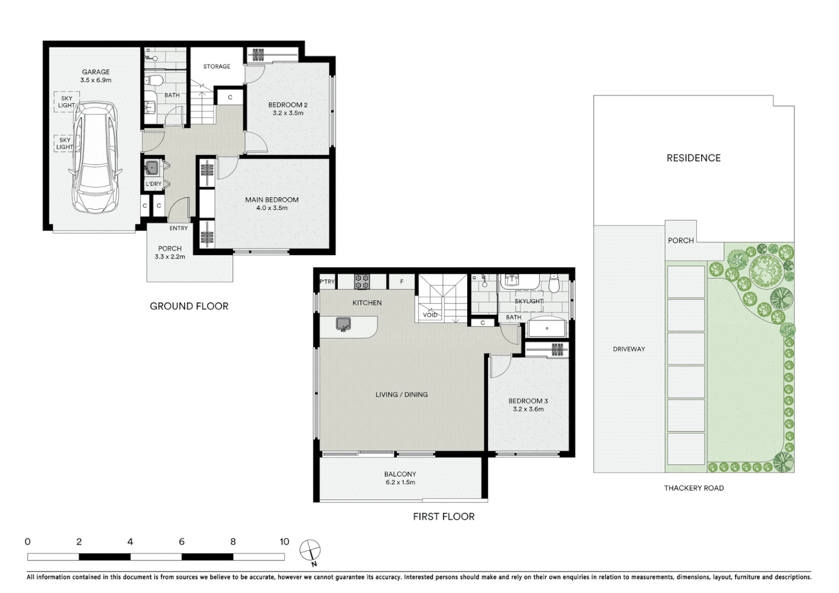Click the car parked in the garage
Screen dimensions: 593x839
96,157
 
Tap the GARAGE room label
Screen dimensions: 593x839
96,72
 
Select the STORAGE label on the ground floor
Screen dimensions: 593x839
216,66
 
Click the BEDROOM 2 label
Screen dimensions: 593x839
288,105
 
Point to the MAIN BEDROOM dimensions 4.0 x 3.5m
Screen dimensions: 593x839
272,208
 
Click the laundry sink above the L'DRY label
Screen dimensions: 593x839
152,167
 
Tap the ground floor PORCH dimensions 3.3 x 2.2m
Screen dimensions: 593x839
170,256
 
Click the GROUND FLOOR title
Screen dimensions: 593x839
189,306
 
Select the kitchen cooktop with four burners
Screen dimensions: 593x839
361,282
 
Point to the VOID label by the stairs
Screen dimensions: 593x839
430,315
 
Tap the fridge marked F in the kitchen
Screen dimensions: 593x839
401,282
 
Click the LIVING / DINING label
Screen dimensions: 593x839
401,394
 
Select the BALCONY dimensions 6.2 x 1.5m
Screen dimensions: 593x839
400,482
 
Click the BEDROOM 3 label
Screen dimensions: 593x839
528,401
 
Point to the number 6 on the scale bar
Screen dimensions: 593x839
182,542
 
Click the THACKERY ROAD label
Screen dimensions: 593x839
693,488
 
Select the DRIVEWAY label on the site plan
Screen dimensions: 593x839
629,349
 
